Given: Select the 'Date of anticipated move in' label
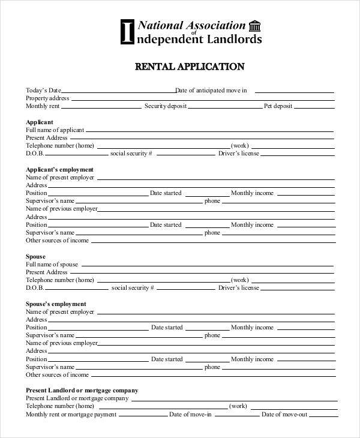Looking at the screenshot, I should pyautogui.click(x=211, y=91).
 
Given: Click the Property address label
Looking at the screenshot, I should pyautogui.click(x=47, y=98).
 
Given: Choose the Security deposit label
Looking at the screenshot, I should pyautogui.click(x=165, y=106).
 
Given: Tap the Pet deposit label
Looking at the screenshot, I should pyautogui.click(x=278, y=106).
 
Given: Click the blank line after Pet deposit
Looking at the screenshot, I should pyautogui.click(x=314, y=108).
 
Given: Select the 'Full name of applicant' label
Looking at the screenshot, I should pyautogui.click(x=55, y=130).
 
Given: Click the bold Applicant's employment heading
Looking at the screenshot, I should pyautogui.click(x=59, y=169).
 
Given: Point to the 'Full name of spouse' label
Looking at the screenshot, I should pyautogui.click(x=52, y=265).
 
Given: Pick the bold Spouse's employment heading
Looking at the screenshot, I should pyautogui.click(x=56, y=304).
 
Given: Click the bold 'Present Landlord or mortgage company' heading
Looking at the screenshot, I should pyautogui.click(x=82, y=390).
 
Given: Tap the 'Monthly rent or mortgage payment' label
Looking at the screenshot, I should pyautogui.click(x=71, y=414).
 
